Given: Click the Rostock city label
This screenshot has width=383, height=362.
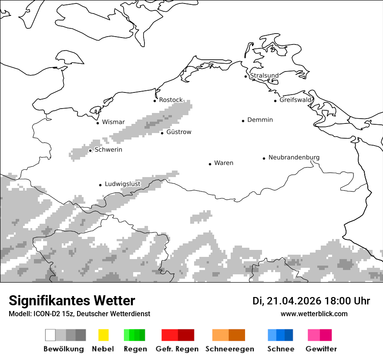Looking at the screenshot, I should [171, 100].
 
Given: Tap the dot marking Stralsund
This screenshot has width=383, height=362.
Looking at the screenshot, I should [246, 76].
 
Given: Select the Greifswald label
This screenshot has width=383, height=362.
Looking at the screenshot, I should [296, 100].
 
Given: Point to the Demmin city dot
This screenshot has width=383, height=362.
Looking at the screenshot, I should [243, 121].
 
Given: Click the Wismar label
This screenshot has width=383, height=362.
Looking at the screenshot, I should [113, 122].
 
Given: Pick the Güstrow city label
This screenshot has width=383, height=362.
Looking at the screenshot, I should [179, 132].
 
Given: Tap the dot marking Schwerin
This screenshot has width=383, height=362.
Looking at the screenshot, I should [91, 150].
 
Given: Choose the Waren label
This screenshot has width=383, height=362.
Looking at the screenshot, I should [224, 163].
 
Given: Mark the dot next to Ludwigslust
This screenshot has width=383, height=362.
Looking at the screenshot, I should [101, 185].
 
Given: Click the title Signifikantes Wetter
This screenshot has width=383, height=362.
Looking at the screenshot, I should [72, 301].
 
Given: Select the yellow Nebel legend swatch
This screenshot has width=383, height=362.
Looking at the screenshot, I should [103, 335].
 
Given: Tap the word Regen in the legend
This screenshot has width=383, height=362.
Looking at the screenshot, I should [135, 349].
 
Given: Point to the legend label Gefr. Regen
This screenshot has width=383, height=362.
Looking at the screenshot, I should [177, 349].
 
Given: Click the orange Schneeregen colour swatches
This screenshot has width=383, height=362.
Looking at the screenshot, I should [228, 335].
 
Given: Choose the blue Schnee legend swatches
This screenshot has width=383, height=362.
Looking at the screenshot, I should [280, 335].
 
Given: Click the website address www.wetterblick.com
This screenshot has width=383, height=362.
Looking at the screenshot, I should [314, 314].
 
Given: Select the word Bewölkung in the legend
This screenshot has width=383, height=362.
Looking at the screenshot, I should [64, 349].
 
